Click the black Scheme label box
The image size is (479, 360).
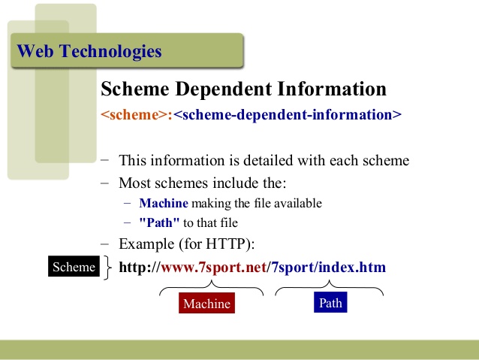click(x=74, y=266)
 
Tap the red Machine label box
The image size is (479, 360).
click(x=206, y=303)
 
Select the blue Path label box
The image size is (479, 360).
click(x=330, y=302)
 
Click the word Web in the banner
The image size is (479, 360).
click(x=35, y=51)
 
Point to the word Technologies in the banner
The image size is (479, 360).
click(x=110, y=51)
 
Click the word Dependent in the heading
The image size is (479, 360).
click(x=224, y=89)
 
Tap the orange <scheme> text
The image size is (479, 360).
click(x=134, y=115)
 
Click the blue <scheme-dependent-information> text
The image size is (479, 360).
click(x=288, y=115)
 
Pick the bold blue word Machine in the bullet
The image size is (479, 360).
click(x=164, y=203)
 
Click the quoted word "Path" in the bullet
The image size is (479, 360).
click(x=159, y=222)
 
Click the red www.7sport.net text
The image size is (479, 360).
click(x=213, y=268)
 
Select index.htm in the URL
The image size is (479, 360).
click(x=352, y=267)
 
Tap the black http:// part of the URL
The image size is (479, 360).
click(x=140, y=267)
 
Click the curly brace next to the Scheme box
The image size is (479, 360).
click(x=107, y=268)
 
